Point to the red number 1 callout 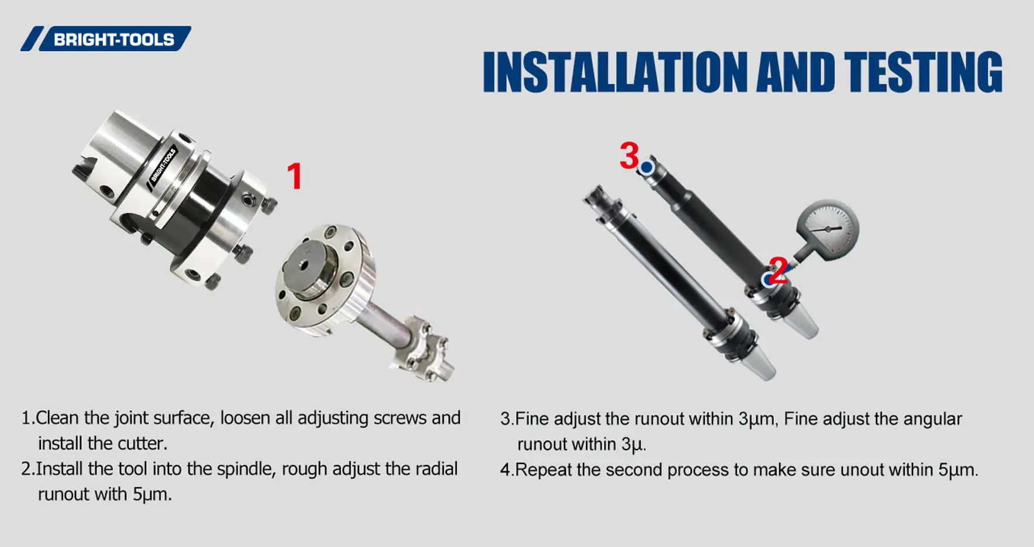coord(295,176)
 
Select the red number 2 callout coord(778,271)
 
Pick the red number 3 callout coord(629,156)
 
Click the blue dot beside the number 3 coord(646,168)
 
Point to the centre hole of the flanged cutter coord(304,265)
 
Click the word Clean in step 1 coord(57,418)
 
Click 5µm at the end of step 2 coord(151,495)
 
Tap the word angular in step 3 coord(932,419)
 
